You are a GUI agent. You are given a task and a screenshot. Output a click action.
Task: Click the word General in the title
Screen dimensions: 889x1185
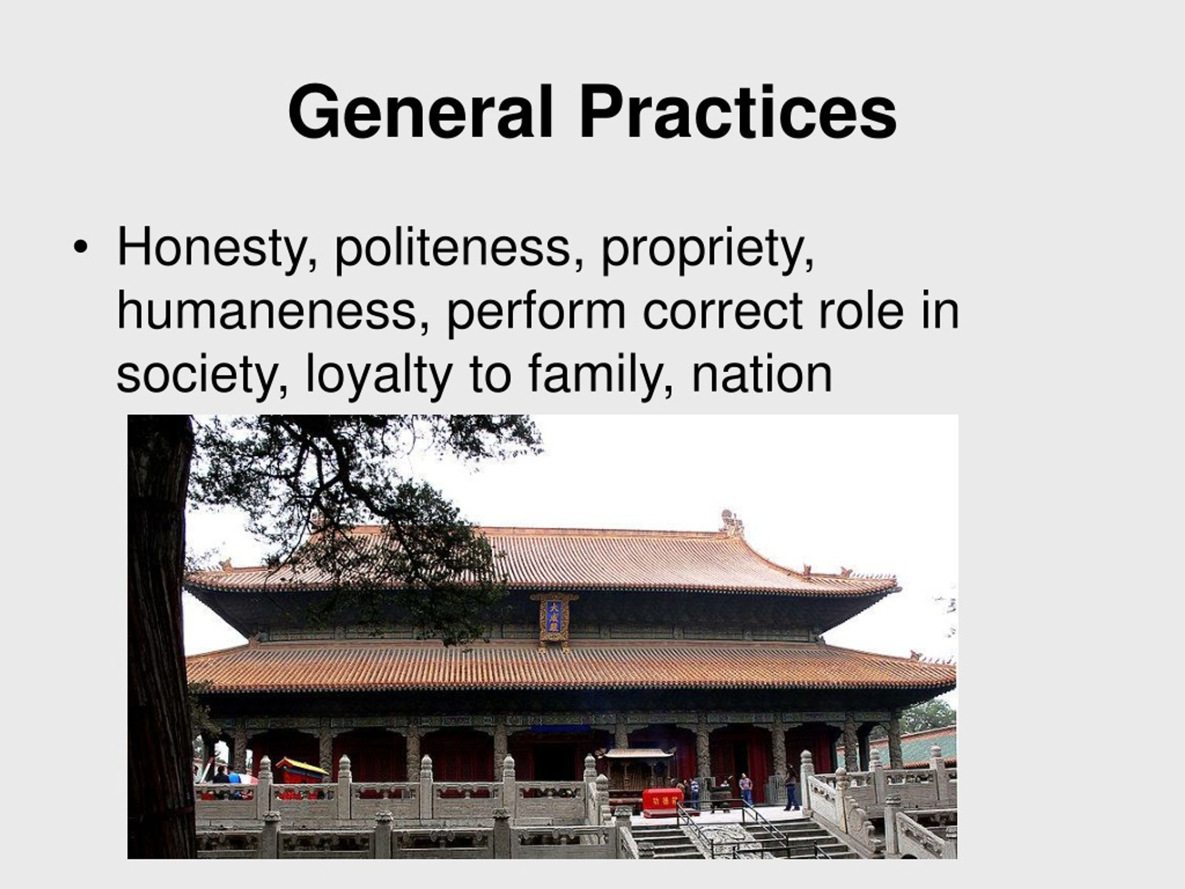420,113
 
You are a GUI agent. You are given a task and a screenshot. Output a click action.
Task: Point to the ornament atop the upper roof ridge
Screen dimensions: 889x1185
731,522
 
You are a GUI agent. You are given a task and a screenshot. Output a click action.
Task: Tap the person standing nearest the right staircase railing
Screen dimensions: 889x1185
791,788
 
